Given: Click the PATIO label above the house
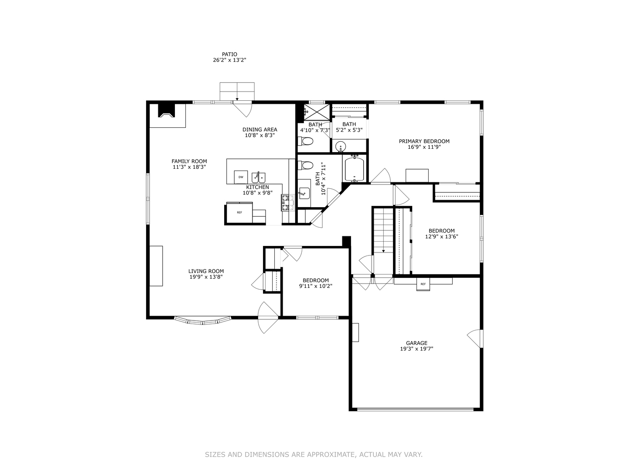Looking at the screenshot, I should tap(229, 55).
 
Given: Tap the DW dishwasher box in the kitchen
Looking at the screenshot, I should tap(241, 177).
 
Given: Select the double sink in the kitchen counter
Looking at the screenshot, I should tap(258, 177).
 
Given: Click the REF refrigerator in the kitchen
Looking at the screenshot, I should tap(239, 213).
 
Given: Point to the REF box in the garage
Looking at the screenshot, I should tap(423, 284).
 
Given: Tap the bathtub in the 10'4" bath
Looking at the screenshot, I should tap(354, 170).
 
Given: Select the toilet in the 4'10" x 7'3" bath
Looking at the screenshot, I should tap(307, 141).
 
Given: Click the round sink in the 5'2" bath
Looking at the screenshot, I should tap(340, 146).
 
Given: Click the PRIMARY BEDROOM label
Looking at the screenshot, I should tap(424, 141).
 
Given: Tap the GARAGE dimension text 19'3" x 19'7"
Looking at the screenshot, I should tap(416, 349).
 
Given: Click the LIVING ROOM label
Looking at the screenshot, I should tap(206, 271).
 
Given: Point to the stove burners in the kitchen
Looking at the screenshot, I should tap(287, 203).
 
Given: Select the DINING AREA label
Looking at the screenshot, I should tap(259, 130).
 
